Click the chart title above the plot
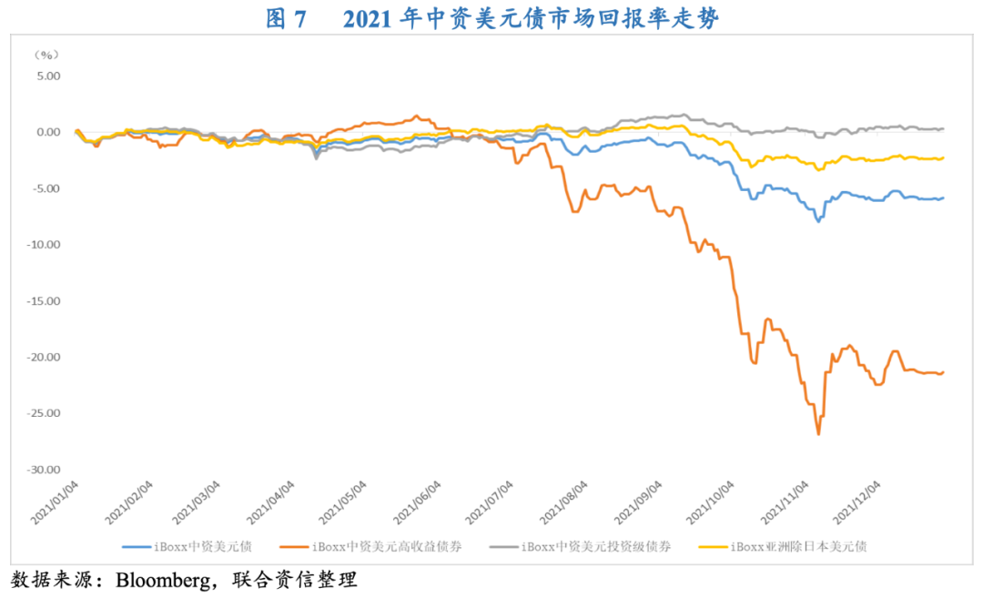[x=491, y=19]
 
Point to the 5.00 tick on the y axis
[x=46, y=76]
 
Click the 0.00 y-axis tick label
[x=46, y=133]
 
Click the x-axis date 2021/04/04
[x=272, y=502]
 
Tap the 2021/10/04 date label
[x=709, y=502]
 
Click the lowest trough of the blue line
[x=818, y=221]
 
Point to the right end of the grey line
[x=943, y=128]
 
